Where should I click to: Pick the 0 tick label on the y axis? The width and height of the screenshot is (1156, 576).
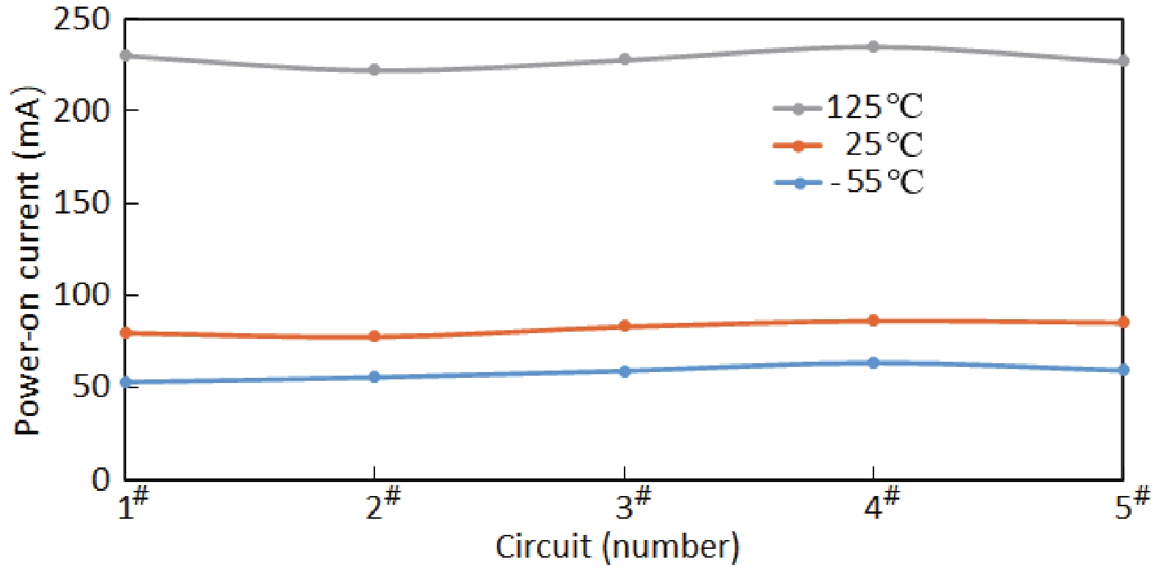101,480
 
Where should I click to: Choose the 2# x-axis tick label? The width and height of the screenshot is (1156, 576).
382,504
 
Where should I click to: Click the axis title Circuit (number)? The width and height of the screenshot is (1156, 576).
617,547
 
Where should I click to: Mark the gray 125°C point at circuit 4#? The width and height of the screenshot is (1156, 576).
873,47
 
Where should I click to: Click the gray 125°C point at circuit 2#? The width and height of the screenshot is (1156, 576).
374,70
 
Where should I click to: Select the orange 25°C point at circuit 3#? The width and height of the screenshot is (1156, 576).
625,326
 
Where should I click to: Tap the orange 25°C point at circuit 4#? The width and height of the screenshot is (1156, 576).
873,321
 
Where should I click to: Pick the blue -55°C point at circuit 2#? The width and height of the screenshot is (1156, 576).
374,377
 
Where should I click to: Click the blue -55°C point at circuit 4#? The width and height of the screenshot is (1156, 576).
873,362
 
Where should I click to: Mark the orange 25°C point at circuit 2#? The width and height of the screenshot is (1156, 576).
374,336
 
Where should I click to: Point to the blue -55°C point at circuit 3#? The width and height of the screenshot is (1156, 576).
625,371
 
